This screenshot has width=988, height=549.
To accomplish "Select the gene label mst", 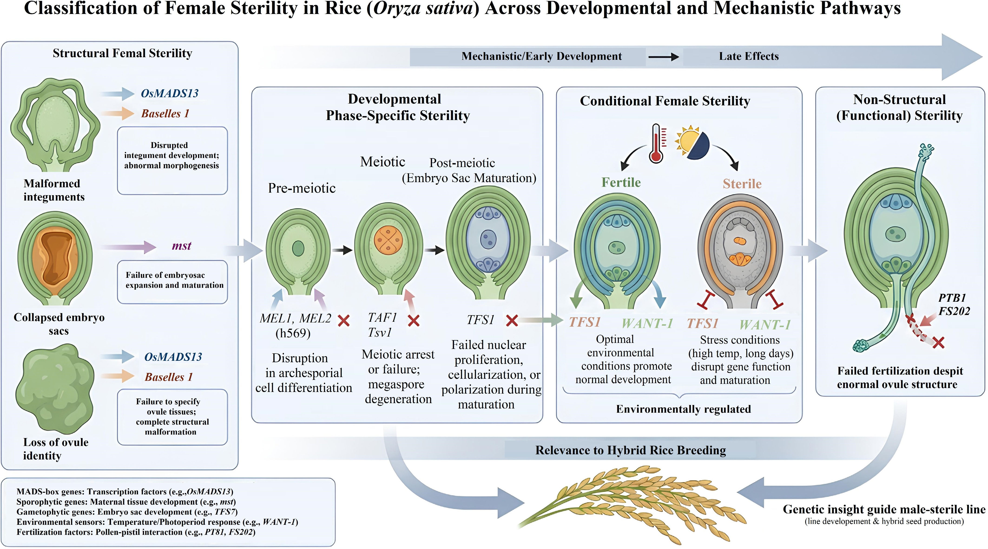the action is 181,246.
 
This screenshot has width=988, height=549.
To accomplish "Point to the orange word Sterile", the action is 742,184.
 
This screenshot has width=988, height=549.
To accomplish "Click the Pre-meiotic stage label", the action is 302,188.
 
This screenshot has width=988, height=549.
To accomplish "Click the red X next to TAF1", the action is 413,321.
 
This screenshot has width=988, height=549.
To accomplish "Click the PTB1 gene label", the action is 952,298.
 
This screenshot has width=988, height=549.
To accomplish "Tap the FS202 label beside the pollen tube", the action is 954,311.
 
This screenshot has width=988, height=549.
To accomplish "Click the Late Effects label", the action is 749,57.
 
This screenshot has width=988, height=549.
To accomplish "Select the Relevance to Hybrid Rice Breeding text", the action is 631,450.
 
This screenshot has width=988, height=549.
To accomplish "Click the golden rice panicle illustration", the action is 633,503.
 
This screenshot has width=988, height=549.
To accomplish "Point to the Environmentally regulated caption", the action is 683,409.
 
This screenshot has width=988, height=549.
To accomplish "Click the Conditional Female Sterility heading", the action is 665,101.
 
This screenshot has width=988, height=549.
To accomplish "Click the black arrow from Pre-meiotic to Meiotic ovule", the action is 342,250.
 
